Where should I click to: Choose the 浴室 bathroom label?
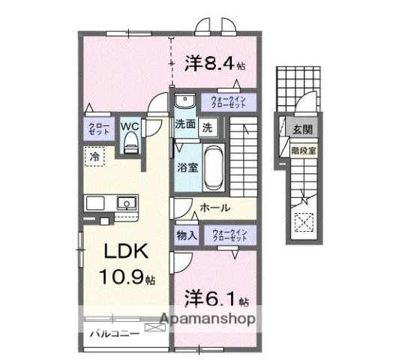tap(187, 166)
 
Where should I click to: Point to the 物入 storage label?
tap(187, 235)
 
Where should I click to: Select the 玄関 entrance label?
tap(302, 129)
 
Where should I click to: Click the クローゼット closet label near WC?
tap(96, 128)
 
